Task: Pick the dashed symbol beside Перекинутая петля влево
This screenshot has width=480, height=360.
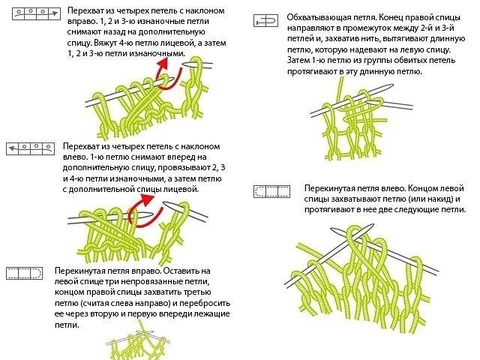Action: click(x=271, y=191)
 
